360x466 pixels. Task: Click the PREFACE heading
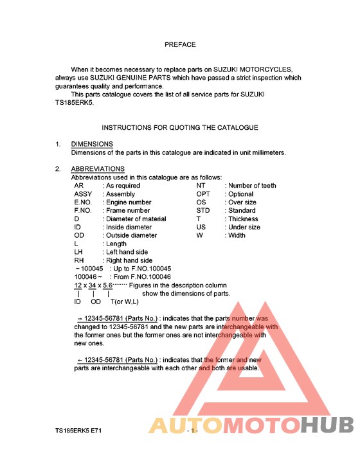pos(180,45)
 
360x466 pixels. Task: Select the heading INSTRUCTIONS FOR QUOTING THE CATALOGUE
pos(180,128)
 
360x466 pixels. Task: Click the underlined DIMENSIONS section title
pos(92,144)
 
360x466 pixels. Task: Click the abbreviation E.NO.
pos(84,202)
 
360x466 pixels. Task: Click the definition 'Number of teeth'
pos(252,186)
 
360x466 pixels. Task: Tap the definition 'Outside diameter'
pos(131,236)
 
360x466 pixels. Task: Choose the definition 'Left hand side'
pos(127,253)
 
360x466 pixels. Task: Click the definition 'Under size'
pos(244,228)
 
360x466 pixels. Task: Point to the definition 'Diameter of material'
pos(136,219)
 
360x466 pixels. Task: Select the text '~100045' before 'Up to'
pos(89,269)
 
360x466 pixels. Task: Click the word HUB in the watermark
pos(327,426)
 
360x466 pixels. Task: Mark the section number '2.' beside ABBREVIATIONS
pos(58,169)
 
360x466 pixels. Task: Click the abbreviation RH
pos(79,261)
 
